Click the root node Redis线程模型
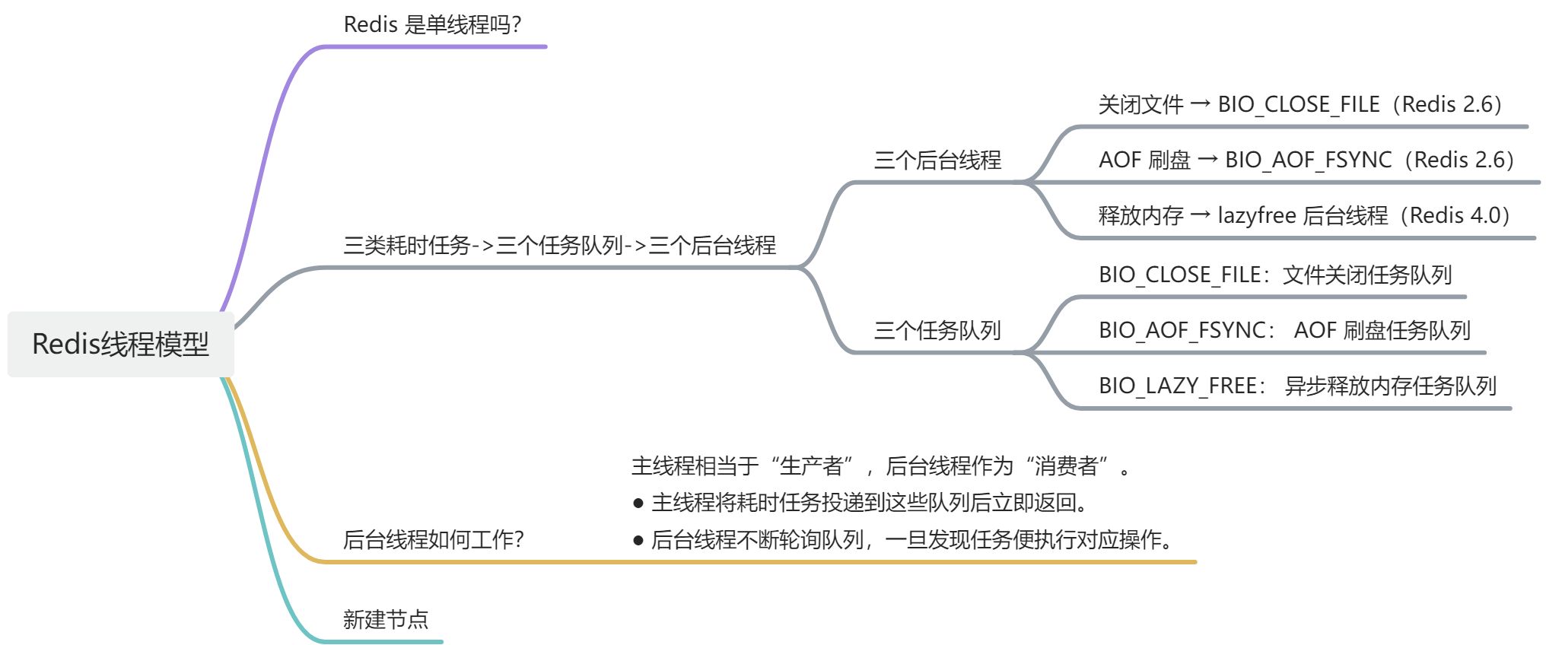120,344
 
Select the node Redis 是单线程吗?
432,25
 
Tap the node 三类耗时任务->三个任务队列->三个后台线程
559,246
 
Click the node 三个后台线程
937,160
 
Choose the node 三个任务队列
937,331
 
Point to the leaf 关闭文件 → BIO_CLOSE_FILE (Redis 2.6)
1299,105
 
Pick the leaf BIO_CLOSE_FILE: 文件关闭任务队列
1275,275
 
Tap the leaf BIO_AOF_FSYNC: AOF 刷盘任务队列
1284,331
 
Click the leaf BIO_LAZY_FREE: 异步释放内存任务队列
1297,386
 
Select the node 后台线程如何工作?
433,540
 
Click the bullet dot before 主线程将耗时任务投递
638,504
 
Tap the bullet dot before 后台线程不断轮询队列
638,541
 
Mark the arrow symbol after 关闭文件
1200,104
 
